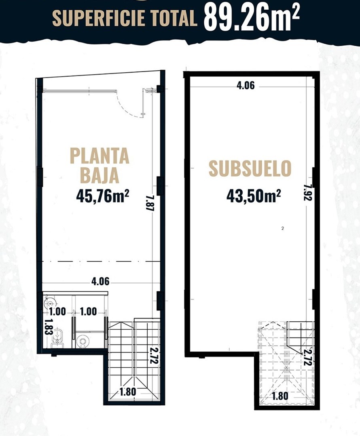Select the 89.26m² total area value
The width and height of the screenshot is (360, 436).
252,17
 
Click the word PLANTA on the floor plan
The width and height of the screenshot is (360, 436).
100,156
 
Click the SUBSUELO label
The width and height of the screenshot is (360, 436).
250,168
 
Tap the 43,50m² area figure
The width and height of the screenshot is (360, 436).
253,196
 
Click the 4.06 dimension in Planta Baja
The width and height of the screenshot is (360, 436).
100,282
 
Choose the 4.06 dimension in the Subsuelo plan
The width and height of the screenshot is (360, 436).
246,85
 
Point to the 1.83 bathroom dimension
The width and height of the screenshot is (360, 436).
48,328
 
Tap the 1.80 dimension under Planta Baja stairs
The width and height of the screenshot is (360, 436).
128,392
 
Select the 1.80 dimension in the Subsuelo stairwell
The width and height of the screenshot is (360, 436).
280,396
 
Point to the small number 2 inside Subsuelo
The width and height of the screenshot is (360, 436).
283,229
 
